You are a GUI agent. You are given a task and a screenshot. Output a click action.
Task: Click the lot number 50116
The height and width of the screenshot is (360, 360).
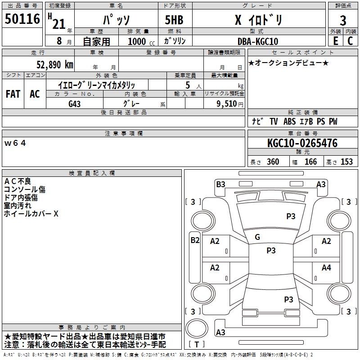click(x=22, y=19)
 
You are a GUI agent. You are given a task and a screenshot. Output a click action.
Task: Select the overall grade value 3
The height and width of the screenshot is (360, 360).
click(x=343, y=21)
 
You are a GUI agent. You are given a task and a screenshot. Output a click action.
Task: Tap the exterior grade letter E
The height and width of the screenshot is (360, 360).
click(x=336, y=41)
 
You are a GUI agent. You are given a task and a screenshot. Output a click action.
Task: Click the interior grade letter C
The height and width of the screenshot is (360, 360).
click(x=350, y=41)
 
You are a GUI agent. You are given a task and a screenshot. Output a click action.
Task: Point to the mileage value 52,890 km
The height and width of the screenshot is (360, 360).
click(x=55, y=65)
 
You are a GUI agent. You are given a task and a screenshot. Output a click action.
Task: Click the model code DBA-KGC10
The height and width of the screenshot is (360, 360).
click(x=258, y=41)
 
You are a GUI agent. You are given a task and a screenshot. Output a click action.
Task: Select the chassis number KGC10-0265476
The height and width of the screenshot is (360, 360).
click(x=302, y=143)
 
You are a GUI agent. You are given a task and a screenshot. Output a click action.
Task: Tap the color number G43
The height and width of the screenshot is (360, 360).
click(x=74, y=104)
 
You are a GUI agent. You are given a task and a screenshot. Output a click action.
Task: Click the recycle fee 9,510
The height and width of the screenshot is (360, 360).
click(x=227, y=104)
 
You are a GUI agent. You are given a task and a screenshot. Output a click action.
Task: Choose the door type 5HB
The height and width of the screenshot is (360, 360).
click(x=174, y=20)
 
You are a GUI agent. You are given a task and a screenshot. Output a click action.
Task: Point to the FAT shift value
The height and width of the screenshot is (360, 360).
click(x=13, y=94)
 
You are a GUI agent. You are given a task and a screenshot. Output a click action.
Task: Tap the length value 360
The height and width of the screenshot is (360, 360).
click(x=273, y=162)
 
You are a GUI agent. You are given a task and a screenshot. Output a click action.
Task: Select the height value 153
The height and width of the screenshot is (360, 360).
click(x=346, y=162)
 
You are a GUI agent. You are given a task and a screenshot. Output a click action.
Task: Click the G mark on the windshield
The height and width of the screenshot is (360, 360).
click(x=257, y=237)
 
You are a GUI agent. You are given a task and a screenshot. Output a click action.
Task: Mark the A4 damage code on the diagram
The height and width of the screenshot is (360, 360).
click(x=326, y=268)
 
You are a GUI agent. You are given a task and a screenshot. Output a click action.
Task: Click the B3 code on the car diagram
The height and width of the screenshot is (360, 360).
click(x=220, y=184)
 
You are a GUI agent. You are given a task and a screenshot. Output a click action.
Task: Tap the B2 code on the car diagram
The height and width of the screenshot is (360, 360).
click(x=195, y=240)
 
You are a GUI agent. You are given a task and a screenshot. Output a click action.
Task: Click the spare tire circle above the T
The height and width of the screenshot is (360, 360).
click(x=197, y=328)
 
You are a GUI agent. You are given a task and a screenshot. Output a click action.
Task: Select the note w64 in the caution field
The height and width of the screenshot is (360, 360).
click(x=15, y=143)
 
